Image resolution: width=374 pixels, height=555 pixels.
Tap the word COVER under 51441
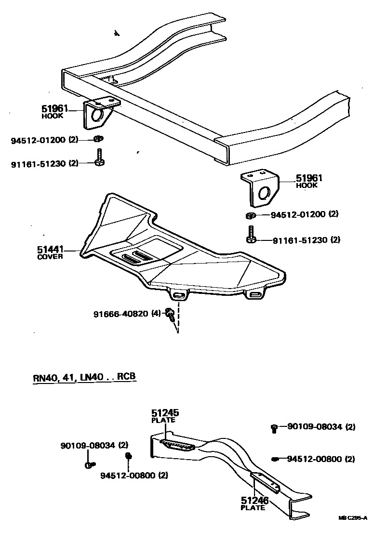tap(50, 257)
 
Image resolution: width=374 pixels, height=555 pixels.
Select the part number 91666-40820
tap(121, 314)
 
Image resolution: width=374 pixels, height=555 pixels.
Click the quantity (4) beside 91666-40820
tap(156, 314)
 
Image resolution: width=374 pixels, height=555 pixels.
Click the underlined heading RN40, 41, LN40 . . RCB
tap(84, 377)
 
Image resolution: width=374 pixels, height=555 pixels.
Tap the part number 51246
tap(254, 501)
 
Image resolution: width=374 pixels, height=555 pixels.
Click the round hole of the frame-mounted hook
tap(96, 116)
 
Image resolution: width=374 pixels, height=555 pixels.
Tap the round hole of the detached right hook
tap(264, 193)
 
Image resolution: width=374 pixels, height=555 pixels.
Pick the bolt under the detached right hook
tap(251, 235)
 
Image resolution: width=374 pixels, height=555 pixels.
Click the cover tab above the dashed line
tap(178, 294)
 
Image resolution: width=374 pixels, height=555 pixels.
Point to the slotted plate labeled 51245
tap(178, 445)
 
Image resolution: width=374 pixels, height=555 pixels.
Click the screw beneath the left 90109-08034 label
tap(90, 464)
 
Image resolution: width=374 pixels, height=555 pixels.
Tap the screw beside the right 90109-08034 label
tap(274, 427)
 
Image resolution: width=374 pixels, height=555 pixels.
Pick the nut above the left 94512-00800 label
tap(129, 456)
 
